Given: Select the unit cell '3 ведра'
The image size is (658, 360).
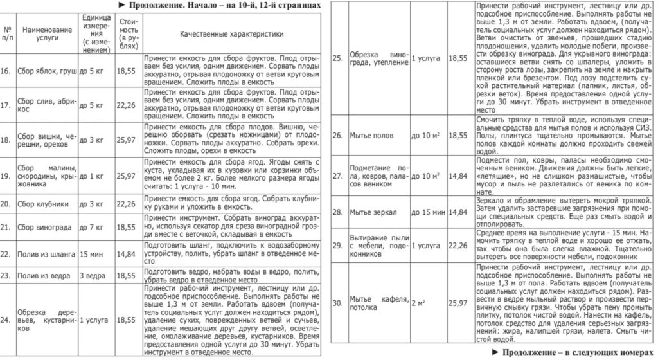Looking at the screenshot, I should click(93, 275).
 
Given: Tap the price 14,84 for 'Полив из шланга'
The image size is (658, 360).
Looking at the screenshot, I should click(127, 254).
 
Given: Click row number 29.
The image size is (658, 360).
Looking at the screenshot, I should click(337, 246).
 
